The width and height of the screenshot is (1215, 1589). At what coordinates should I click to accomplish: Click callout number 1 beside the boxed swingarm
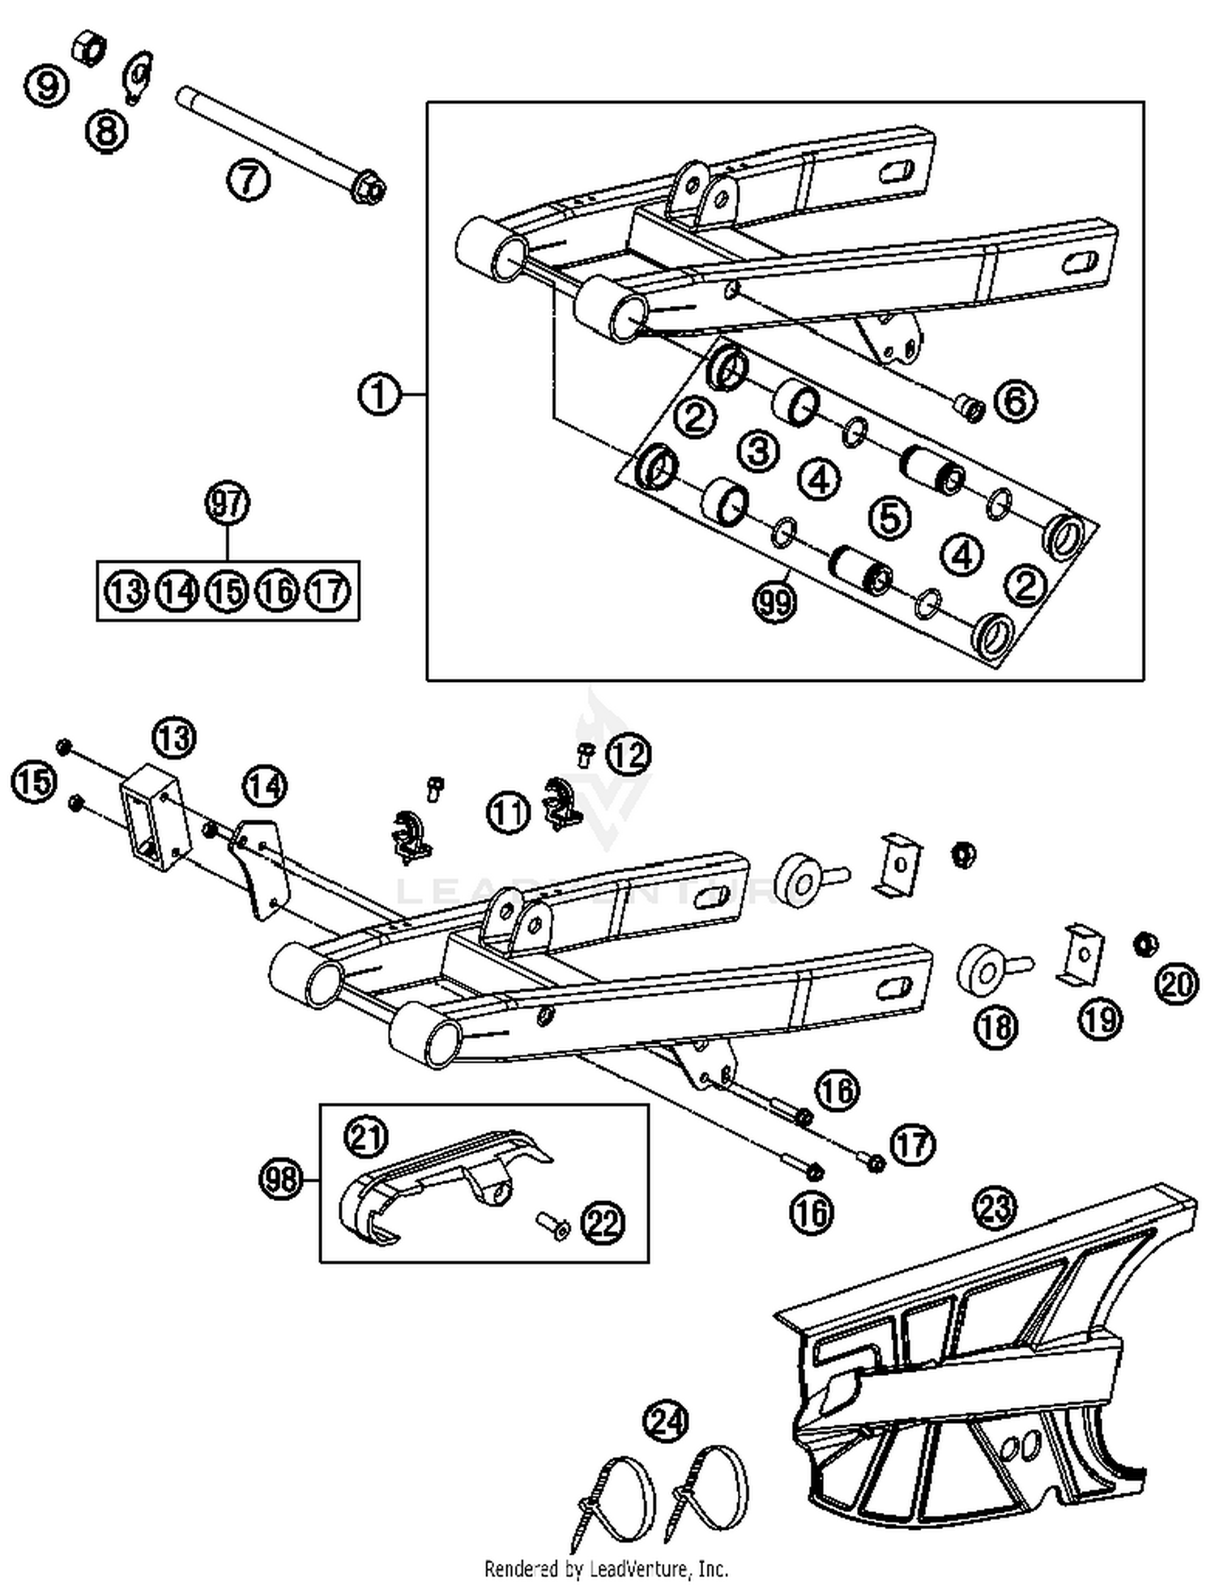coord(378,395)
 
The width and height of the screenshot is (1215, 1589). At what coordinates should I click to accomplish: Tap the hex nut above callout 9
coord(88,48)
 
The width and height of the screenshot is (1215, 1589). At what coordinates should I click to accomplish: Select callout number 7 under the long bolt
coord(247,179)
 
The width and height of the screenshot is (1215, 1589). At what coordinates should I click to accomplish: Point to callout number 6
coord(1015,400)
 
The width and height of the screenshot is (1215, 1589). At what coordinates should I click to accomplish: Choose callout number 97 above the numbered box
coord(227,503)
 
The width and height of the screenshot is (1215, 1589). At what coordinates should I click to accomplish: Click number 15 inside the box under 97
coord(227,591)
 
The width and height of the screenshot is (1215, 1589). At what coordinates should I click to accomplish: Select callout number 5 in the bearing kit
coord(889,518)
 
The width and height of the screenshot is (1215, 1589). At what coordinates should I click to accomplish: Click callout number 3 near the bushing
coord(758,450)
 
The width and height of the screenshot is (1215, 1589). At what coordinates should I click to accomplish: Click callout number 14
coord(266,786)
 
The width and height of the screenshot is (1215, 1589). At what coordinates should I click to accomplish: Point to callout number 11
coord(508,812)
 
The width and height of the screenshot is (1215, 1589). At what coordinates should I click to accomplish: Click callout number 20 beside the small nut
coord(1176,983)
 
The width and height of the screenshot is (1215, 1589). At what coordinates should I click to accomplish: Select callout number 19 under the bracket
coord(1100,1018)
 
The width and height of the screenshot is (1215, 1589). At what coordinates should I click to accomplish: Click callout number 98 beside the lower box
coord(281,1180)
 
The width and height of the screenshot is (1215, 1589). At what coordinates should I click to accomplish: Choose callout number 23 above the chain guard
coord(995,1208)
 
